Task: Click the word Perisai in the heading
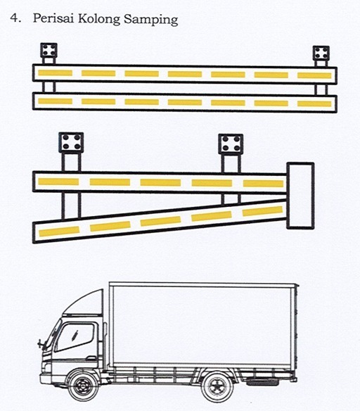coord(53,18)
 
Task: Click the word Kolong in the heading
coord(99,19)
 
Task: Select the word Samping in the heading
coord(150,20)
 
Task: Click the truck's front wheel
coord(83,386)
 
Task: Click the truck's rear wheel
coord(217,387)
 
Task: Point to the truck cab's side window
coord(75,337)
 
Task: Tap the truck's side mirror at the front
coord(40,343)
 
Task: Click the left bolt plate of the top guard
coord(49,51)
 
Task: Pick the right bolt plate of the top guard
coord(321,53)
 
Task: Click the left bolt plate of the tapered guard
coord(71,142)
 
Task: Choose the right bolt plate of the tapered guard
coord(231,144)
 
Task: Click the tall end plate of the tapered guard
coord(300,196)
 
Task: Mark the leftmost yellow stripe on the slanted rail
coord(59,231)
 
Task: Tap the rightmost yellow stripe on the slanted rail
coord(262,211)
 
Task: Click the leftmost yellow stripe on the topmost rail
coord(56,72)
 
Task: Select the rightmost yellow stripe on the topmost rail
coord(314,75)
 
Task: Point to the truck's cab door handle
coord(91,358)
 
